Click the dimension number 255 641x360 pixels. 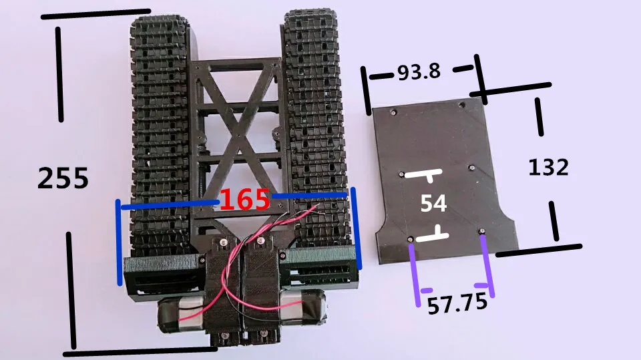[63, 178]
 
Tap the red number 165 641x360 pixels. [245, 200]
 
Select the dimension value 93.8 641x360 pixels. [419, 71]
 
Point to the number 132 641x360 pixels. [548, 168]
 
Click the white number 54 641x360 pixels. [433, 203]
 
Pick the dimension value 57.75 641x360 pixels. [457, 304]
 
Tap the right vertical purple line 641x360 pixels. [487, 264]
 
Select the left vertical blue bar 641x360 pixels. [119, 242]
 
